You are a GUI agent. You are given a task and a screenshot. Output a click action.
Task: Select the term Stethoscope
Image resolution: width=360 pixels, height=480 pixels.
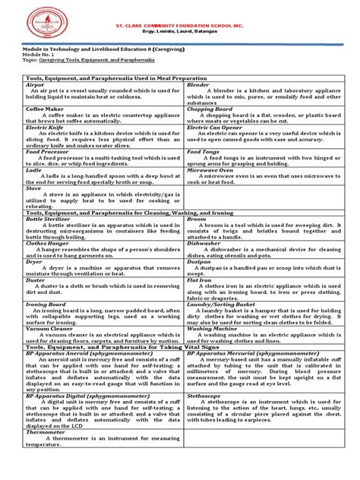tap(207, 395)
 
